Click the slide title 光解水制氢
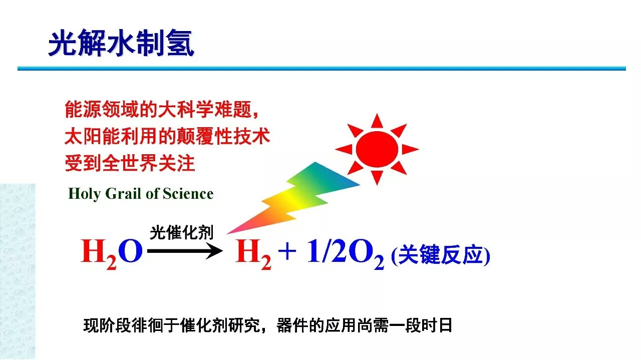(x=121, y=43)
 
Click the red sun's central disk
(x=377, y=149)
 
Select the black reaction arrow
(x=185, y=251)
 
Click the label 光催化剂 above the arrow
(x=182, y=232)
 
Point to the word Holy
(x=85, y=194)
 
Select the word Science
(x=188, y=193)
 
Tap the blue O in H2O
(x=131, y=251)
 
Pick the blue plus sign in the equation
(x=287, y=251)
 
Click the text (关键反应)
(x=440, y=255)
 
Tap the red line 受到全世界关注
(x=130, y=163)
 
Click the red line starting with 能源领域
(x=162, y=109)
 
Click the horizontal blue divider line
(x=322, y=69)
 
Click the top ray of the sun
(x=377, y=122)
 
